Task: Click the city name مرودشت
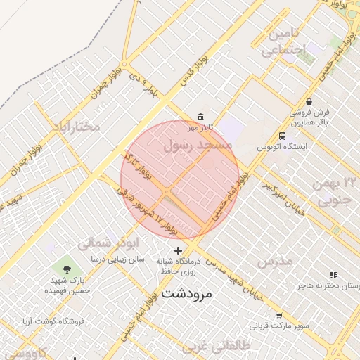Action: [x=186, y=293]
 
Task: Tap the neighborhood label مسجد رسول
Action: [x=198, y=146]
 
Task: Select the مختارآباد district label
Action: [x=77, y=127]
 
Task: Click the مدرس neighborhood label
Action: [x=275, y=262]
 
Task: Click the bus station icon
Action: [x=282, y=136]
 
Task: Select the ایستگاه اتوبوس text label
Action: [x=283, y=149]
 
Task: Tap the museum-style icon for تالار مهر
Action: [x=201, y=117]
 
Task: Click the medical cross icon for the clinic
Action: [x=178, y=250]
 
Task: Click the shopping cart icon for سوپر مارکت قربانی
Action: [x=279, y=316]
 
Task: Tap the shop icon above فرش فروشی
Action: [x=309, y=102]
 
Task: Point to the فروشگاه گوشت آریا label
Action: [x=53, y=321]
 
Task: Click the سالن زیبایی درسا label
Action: [x=117, y=259]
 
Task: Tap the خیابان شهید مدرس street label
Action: [x=233, y=279]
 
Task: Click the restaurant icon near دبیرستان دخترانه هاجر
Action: [x=333, y=275]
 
